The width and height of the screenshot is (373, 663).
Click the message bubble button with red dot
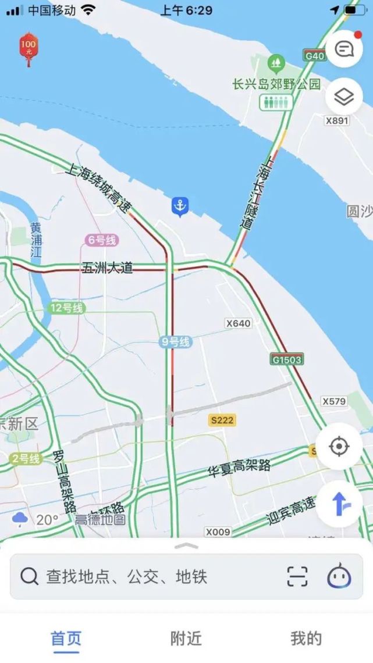[x=344, y=49]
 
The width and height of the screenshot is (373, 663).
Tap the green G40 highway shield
[x=315, y=56]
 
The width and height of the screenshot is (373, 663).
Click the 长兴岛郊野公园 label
[x=276, y=84]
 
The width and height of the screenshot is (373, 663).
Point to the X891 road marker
[x=337, y=120]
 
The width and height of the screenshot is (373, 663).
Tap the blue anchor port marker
[x=180, y=206]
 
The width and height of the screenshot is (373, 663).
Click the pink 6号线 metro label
[x=102, y=240]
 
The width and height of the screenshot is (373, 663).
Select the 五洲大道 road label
[x=108, y=268]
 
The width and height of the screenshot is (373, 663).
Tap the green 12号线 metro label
[x=67, y=308]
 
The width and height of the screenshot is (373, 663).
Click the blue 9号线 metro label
[x=176, y=342]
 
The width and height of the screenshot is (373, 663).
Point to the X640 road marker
[x=239, y=323]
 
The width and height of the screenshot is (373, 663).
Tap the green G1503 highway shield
[x=287, y=359]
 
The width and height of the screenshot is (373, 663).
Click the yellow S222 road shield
[x=223, y=419]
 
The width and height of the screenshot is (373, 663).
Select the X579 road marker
[x=334, y=401]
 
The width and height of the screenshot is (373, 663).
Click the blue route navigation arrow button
[x=339, y=504]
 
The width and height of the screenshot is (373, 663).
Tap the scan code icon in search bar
[x=297, y=576]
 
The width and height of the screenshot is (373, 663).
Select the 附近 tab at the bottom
[x=186, y=639]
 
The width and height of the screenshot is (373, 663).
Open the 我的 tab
[x=306, y=639]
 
